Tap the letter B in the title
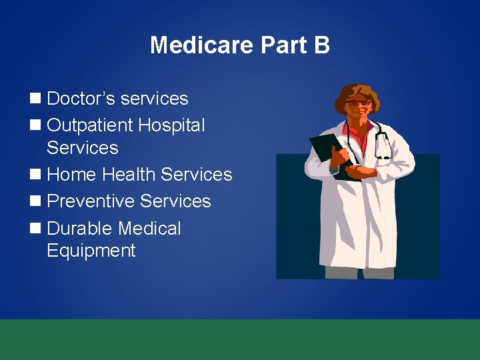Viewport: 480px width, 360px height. pyautogui.click(x=321, y=45)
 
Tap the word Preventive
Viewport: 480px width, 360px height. pyautogui.click(x=93, y=201)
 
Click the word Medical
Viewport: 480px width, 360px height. pyautogui.click(x=150, y=229)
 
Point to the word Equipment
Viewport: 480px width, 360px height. pyautogui.click(x=91, y=251)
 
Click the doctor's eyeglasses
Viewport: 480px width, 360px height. pyautogui.click(x=359, y=103)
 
